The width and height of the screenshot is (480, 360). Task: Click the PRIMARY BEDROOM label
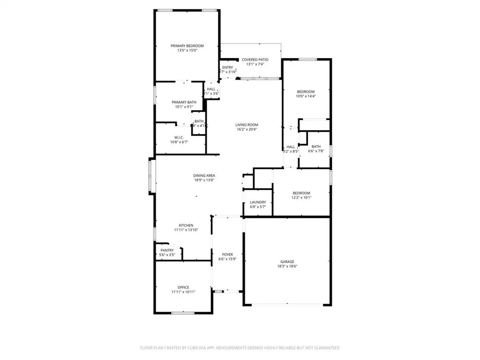click(187, 45)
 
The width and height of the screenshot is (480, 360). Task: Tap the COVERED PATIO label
click(255, 60)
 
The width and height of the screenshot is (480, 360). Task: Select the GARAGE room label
click(287, 262)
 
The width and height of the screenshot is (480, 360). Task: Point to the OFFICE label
click(183, 287)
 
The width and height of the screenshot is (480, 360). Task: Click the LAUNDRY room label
click(258, 202)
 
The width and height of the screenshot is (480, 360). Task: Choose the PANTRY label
click(167, 250)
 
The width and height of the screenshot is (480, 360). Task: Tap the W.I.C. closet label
click(179, 137)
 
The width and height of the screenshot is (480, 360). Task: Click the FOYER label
click(227, 255)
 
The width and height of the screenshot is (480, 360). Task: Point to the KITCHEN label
click(186, 225)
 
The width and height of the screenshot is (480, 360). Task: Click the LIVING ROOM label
click(247, 125)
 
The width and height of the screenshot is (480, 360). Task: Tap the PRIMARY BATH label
click(184, 102)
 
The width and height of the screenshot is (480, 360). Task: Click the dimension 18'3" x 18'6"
click(287, 266)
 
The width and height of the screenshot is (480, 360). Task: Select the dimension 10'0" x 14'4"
click(306, 96)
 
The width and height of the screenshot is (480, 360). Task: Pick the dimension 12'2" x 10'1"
click(301, 197)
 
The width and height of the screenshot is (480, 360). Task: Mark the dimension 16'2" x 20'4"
click(247, 129)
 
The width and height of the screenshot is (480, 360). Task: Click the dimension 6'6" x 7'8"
click(316, 151)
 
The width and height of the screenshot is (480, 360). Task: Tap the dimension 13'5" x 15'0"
click(187, 50)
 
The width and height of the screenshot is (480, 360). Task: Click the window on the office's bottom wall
click(183, 313)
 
